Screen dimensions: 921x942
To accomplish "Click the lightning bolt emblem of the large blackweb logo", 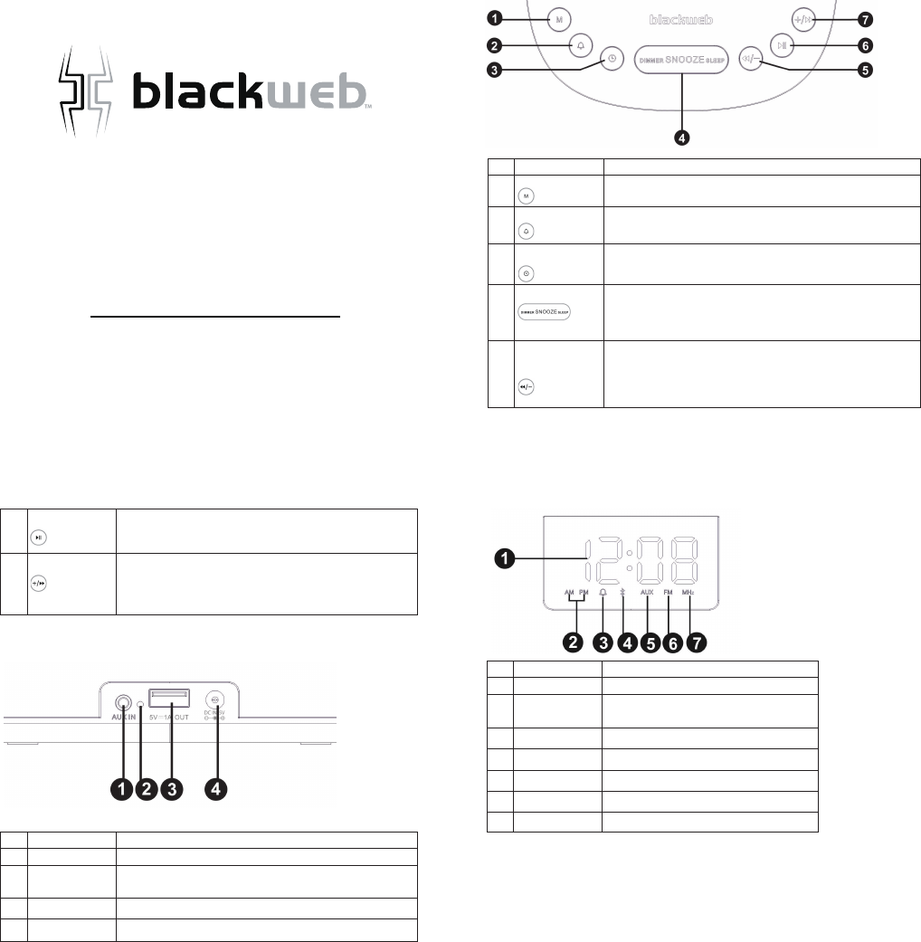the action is point(84,93).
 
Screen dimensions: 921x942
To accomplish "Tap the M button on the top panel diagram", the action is point(559,18).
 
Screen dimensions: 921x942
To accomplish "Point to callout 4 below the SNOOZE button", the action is point(683,138).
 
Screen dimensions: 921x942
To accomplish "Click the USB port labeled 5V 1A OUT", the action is point(170,697).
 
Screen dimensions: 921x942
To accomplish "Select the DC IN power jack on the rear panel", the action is point(214,699).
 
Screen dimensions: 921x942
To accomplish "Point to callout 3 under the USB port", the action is point(170,789).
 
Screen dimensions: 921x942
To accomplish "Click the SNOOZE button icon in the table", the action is point(546,312).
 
